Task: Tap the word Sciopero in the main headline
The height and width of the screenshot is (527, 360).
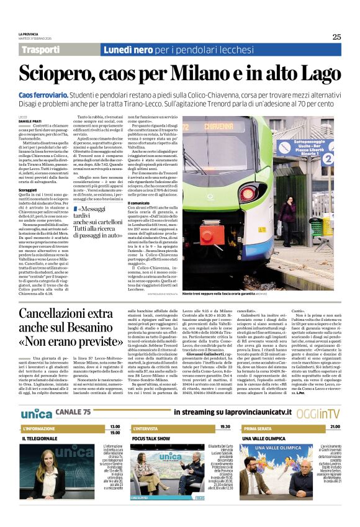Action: [56, 74]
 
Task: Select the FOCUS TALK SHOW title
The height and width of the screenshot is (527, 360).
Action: [151, 437]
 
